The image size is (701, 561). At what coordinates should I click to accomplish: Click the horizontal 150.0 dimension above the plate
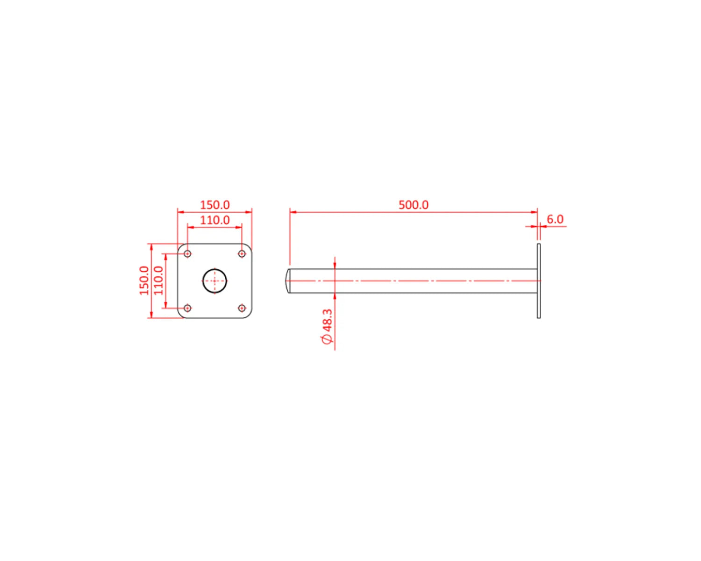click(215, 205)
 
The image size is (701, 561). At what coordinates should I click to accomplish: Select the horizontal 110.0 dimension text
click(215, 220)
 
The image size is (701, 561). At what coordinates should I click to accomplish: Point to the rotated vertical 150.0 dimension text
click(144, 280)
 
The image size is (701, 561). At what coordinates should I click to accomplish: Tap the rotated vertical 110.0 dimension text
click(159, 280)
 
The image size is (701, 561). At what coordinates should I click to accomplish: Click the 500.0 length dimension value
click(413, 205)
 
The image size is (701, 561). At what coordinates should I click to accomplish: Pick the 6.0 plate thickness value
click(555, 219)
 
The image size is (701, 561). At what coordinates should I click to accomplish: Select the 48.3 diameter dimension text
click(328, 320)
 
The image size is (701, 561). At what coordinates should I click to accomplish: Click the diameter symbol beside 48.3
click(328, 340)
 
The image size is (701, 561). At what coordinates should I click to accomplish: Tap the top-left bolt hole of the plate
click(187, 254)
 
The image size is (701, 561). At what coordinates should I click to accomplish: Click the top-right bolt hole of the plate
click(242, 254)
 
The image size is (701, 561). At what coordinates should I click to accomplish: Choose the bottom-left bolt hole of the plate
click(187, 308)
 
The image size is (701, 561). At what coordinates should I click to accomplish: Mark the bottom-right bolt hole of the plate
click(242, 308)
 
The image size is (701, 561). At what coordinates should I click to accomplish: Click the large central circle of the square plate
click(215, 281)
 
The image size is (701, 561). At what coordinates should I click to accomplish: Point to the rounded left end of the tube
click(288, 281)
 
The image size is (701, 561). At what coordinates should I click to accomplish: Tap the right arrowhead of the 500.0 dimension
click(534, 212)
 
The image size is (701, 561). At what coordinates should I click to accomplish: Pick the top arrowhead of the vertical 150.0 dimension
click(151, 246)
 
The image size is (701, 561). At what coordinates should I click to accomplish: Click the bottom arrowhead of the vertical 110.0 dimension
click(166, 305)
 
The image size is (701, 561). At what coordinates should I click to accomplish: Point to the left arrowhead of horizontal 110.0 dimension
click(190, 227)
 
